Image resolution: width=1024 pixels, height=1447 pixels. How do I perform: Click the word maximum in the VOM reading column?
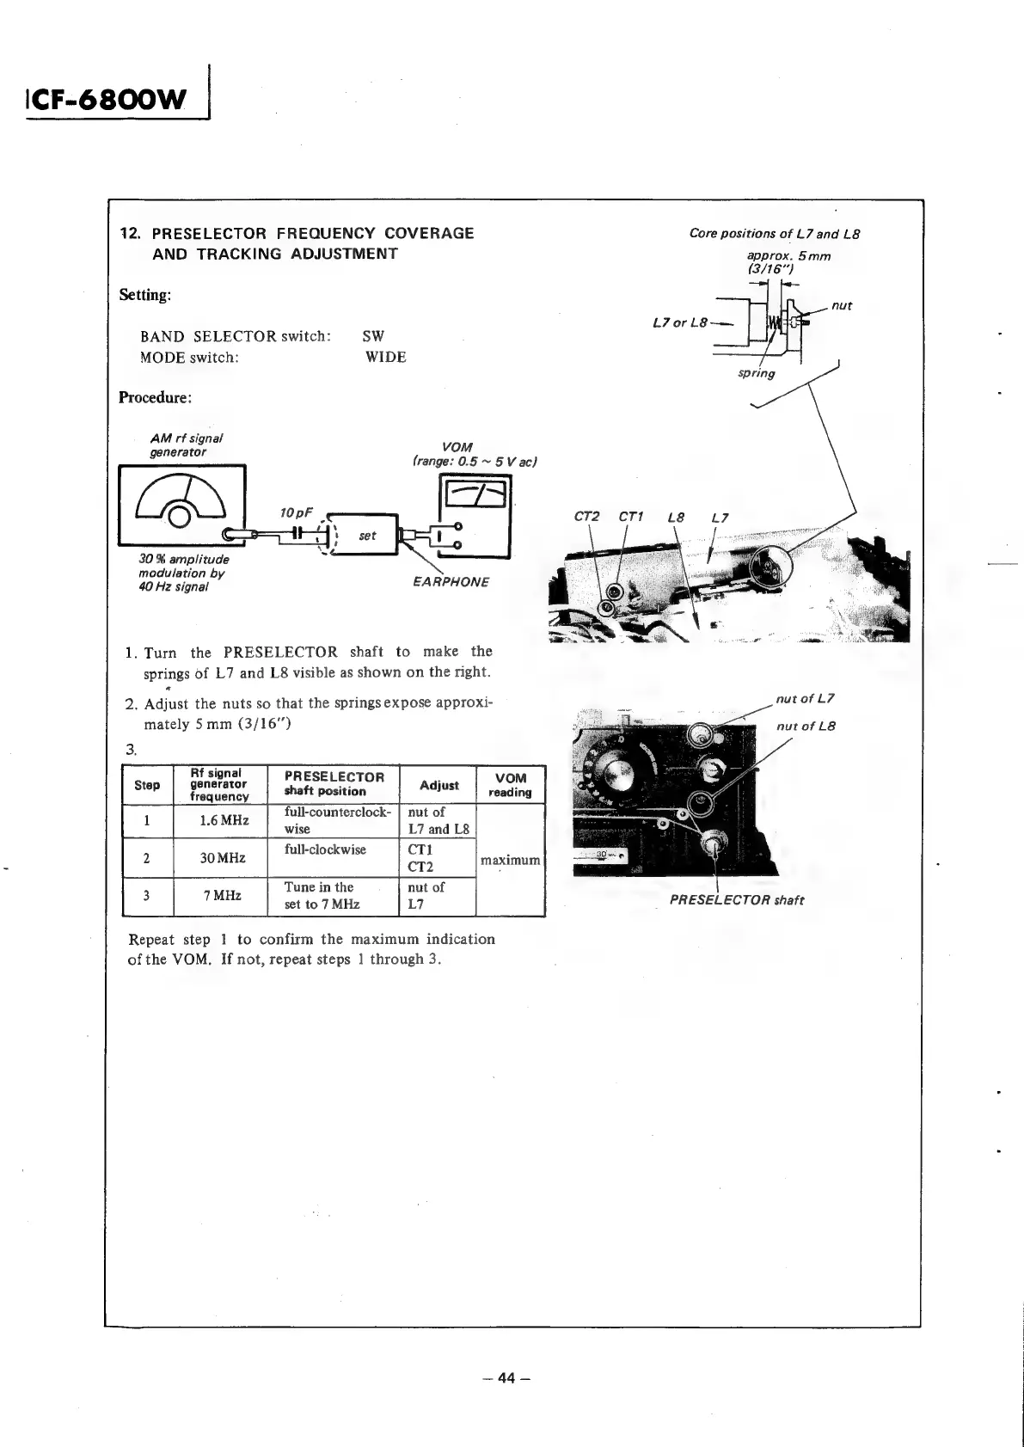pos(510,860)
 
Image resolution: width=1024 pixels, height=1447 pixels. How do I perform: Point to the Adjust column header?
pos(438,784)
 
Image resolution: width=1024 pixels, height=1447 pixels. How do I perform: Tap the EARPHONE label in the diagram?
pos(451,582)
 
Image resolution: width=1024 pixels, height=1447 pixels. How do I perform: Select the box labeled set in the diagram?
pos(367,536)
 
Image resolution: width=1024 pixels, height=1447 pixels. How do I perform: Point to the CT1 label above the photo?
pos(630,517)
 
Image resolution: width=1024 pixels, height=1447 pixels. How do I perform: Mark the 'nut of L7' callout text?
pos(805,698)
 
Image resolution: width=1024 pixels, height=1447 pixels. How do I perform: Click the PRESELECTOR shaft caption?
pos(736,900)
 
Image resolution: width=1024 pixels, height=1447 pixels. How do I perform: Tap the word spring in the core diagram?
pos(756,373)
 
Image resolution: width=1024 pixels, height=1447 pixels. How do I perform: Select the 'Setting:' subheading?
pos(145,295)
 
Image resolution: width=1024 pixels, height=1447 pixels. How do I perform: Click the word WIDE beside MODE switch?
pos(385,357)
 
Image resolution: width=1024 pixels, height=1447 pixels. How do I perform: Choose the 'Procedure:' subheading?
pos(155,397)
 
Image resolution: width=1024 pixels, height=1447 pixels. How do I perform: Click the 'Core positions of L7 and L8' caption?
pos(775,234)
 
